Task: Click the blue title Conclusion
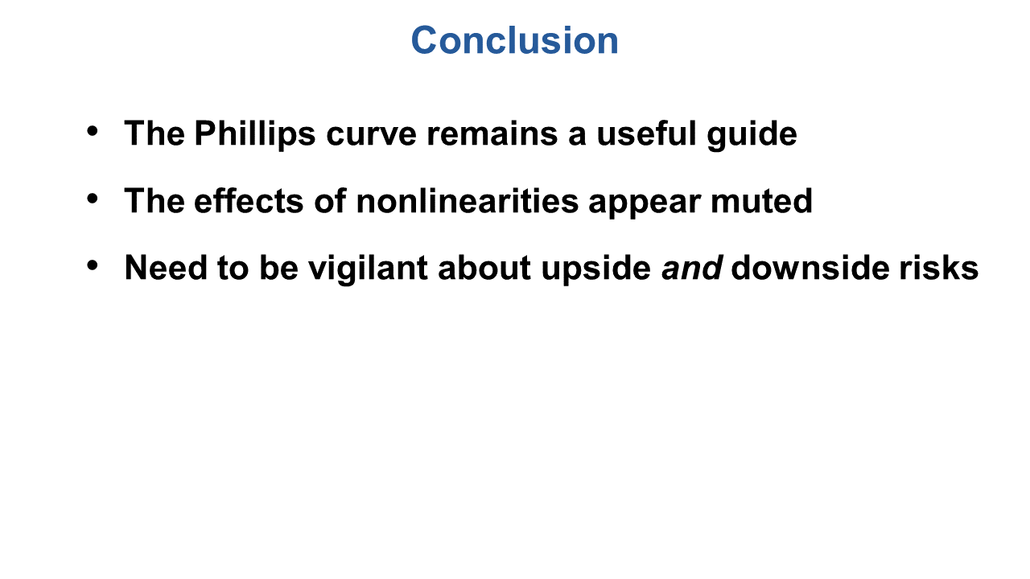click(x=514, y=40)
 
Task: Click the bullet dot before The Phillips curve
click(x=93, y=131)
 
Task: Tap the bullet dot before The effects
click(x=93, y=199)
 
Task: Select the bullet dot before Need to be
click(x=93, y=265)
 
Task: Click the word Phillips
click(x=255, y=134)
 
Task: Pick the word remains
click(x=492, y=134)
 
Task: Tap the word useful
click(x=646, y=133)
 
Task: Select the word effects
click(x=249, y=201)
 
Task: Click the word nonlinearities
click(x=468, y=201)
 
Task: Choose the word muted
click(x=761, y=202)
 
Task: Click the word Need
click(x=166, y=268)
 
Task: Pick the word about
click(x=484, y=268)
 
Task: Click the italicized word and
click(x=691, y=268)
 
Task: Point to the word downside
click(x=810, y=268)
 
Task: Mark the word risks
click(x=939, y=268)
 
